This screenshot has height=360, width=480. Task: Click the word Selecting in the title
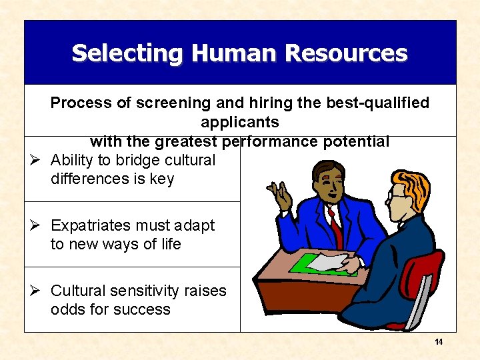point(118,53)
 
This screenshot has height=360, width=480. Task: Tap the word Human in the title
point(217,53)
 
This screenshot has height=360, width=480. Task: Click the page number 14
point(439,342)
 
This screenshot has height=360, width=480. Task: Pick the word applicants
point(239,123)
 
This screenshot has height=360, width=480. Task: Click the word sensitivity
point(146,291)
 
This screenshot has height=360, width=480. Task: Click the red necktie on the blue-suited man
point(335,226)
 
